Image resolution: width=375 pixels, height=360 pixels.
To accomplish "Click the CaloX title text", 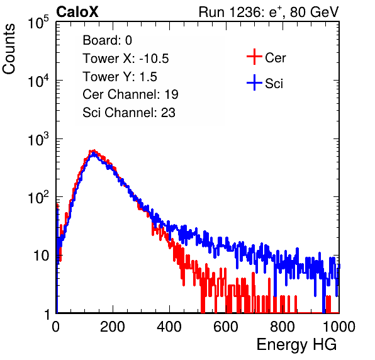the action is [x=77, y=12].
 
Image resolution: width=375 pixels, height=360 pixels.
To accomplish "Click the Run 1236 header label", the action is [x=269, y=12].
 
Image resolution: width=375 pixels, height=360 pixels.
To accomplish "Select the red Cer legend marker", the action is [x=254, y=57].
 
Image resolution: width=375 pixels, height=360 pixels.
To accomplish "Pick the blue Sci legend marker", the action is [x=254, y=83].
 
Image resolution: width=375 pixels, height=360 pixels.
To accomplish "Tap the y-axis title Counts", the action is [x=9, y=49].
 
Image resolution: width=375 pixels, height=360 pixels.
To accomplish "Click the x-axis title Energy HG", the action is [x=296, y=345].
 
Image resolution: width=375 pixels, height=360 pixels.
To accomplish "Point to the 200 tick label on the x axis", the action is [x=113, y=327].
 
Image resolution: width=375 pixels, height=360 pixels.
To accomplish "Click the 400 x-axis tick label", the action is [x=169, y=327].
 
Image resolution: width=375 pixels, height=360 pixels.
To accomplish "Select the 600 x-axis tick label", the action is [x=226, y=327].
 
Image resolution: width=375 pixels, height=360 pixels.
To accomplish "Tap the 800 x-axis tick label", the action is [x=283, y=327].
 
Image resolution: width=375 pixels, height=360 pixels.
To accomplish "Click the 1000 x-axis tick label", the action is [x=339, y=327].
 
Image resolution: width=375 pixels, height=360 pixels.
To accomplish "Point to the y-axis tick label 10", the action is [x=42, y=256].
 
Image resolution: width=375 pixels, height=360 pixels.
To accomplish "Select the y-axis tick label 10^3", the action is [x=38, y=139].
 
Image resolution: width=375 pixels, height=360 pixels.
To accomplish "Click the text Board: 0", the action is [x=107, y=40].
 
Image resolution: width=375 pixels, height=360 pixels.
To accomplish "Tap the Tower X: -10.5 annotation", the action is [x=126, y=59].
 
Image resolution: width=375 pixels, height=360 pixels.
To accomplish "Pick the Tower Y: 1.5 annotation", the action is [x=120, y=77].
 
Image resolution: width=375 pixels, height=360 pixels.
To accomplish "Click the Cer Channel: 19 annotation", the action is [x=130, y=94].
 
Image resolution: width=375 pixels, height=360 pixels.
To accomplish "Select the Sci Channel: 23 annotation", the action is [x=129, y=113].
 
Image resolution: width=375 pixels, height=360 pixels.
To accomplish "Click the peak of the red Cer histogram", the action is [x=94, y=150].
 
